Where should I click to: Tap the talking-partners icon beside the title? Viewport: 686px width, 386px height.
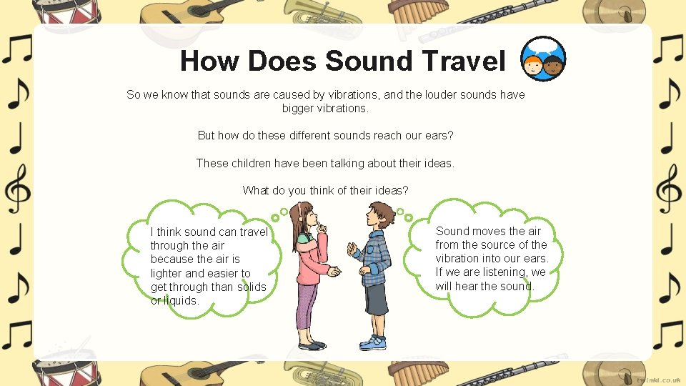(x=544, y=59)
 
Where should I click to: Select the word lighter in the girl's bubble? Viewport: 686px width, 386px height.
(x=166, y=273)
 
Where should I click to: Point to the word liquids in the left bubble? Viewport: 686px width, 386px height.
(x=181, y=300)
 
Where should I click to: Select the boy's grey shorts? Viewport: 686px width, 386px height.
(x=376, y=299)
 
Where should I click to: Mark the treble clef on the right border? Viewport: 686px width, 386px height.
(x=668, y=188)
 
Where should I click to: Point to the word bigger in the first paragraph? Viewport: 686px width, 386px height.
(x=299, y=109)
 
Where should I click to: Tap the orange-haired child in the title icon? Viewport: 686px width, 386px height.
(x=532, y=66)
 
